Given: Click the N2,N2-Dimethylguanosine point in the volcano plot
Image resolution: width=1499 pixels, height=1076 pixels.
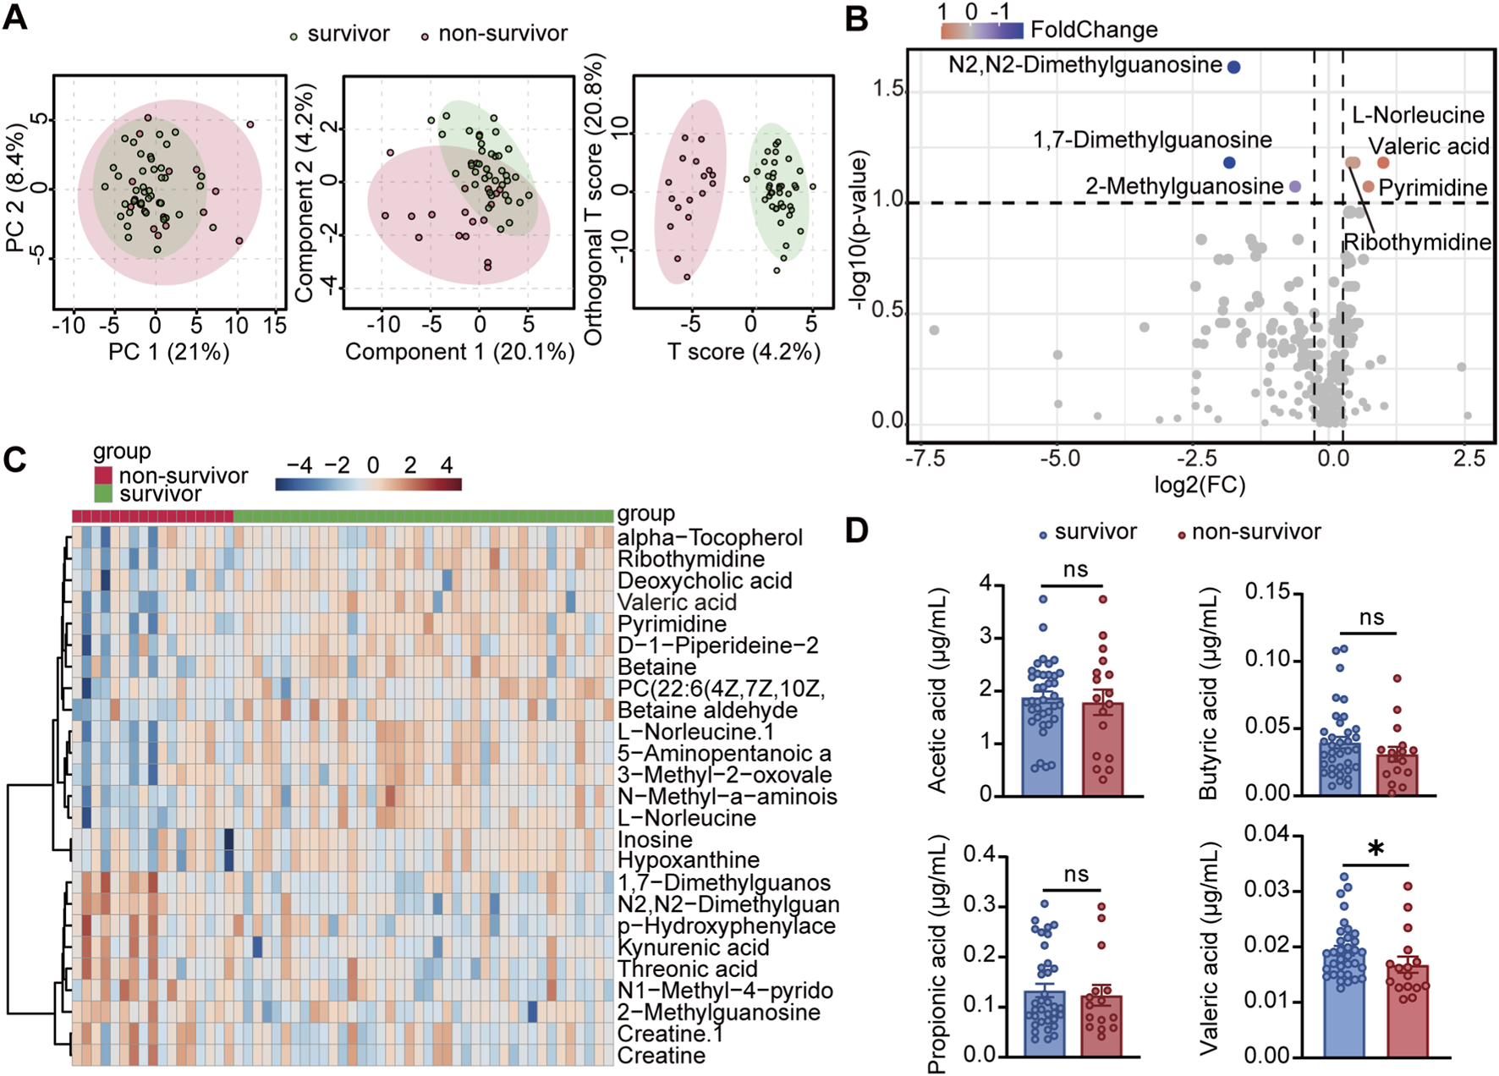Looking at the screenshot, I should [1233, 67].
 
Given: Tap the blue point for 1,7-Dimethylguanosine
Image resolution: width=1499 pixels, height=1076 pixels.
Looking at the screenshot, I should [1229, 162].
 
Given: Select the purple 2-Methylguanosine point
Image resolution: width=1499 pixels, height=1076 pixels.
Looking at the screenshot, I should [1294, 186].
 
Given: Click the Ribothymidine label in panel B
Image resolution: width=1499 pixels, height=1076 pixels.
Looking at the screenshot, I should [1417, 243].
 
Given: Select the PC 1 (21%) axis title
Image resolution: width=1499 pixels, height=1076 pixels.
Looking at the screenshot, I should [168, 351].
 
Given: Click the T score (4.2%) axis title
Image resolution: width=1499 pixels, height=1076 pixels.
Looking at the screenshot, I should [744, 351].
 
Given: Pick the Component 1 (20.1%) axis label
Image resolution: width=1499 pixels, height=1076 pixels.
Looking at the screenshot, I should [459, 351].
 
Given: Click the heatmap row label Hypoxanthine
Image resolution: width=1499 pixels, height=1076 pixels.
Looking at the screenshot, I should [688, 860].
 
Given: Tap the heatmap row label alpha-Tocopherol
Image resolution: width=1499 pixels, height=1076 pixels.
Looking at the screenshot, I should [710, 538].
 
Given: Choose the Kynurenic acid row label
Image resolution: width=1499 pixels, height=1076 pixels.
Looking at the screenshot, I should [693, 947].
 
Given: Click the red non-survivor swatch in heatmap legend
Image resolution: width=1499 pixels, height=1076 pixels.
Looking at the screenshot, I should [102, 475].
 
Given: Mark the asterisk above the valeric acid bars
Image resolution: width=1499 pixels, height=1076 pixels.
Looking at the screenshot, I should [1376, 849].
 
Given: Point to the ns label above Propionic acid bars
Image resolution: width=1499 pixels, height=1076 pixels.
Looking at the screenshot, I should [1076, 875].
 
